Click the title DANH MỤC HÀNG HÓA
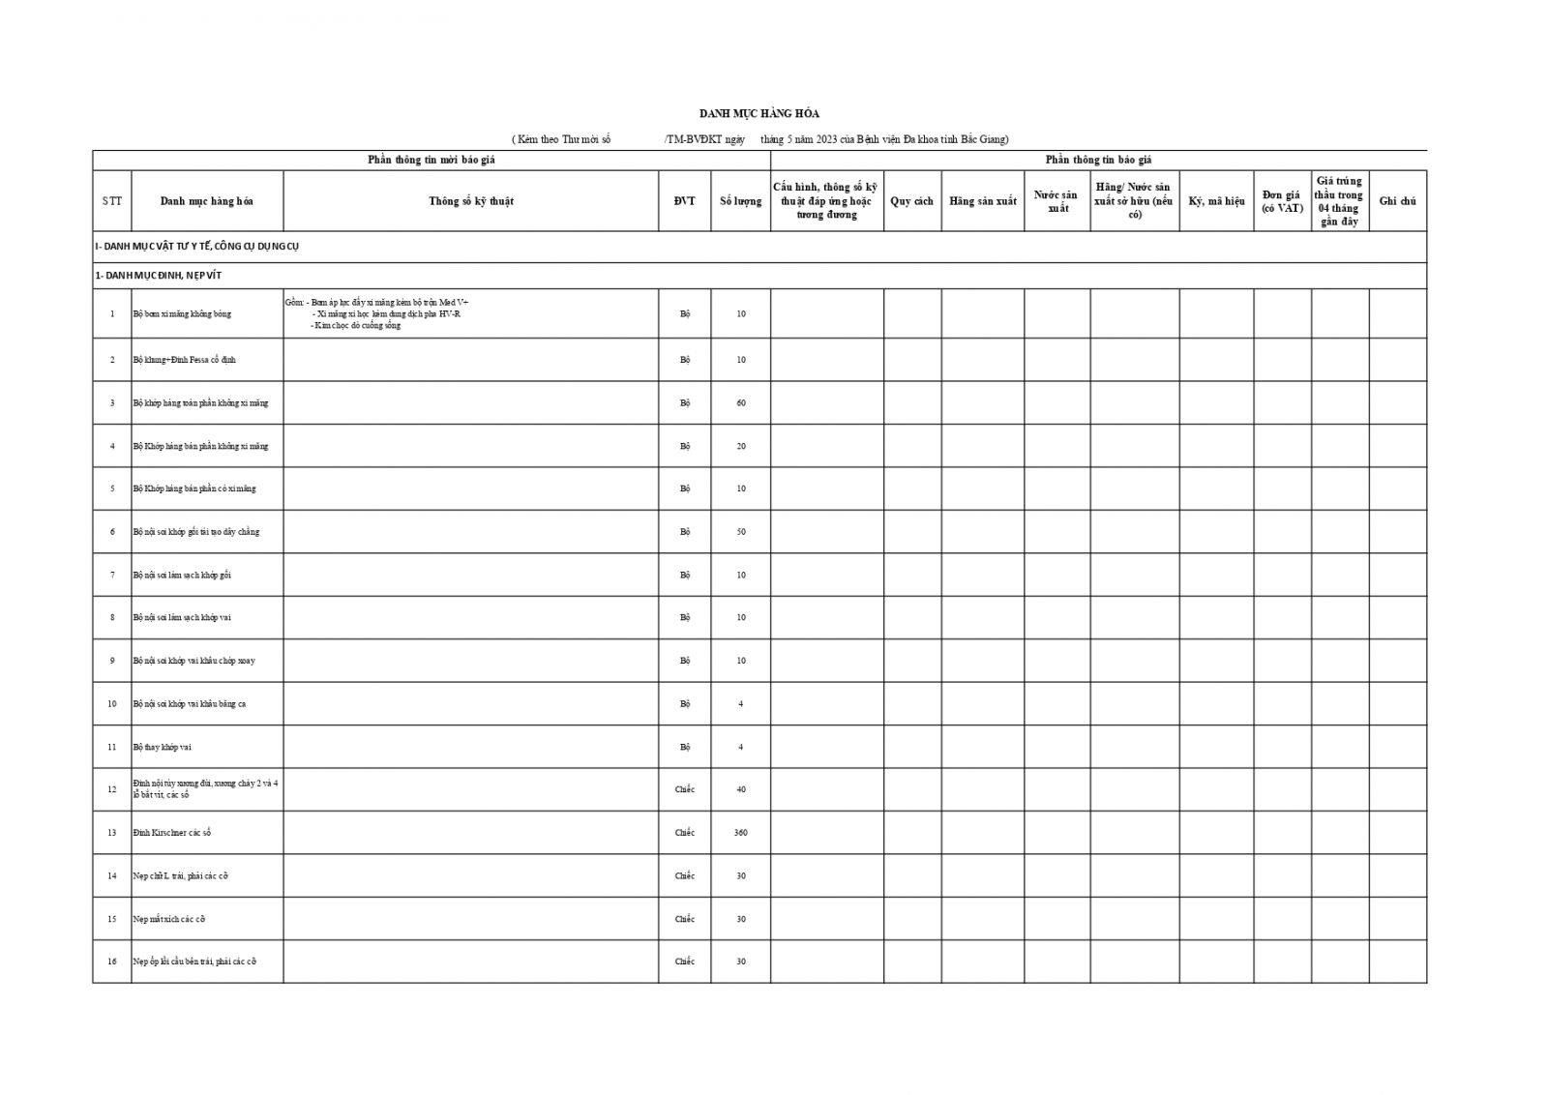point(759,114)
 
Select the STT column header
point(112,201)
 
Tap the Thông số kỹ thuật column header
point(471,201)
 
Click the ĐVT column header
point(684,201)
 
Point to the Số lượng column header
point(740,201)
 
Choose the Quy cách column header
point(911,201)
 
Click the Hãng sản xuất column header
point(982,201)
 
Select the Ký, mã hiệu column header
point(1216,201)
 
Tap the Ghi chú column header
point(1397,201)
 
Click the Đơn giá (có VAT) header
point(1282,201)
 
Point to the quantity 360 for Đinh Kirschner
point(740,833)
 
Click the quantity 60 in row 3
point(740,402)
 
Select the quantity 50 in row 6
point(740,532)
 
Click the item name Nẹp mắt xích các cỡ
point(168,919)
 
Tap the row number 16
point(112,962)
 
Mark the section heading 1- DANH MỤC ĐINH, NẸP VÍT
point(158,276)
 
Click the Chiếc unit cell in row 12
point(684,789)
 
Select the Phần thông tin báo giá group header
point(1098,160)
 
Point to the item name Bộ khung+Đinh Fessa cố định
point(184,360)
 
